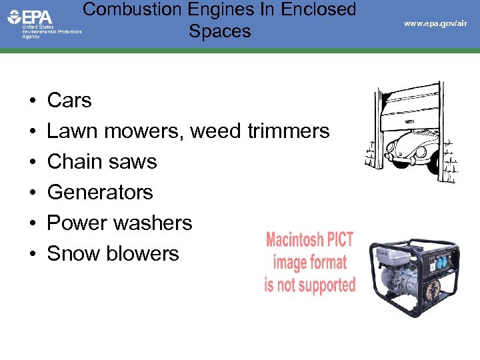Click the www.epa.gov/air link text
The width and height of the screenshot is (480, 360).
(x=435, y=23)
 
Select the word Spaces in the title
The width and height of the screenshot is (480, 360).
(x=220, y=31)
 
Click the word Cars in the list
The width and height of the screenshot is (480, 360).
(x=69, y=101)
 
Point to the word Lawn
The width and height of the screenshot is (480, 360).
(x=70, y=131)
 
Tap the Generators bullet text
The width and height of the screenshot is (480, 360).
(x=100, y=193)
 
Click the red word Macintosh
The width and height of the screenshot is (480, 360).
(x=309, y=240)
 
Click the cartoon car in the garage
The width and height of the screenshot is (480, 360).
(x=403, y=151)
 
